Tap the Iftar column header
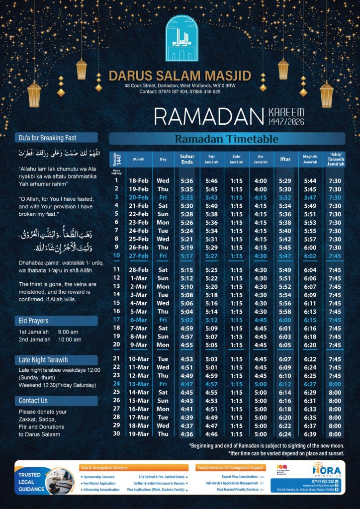(x=285, y=159)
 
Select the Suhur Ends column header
(x=187, y=159)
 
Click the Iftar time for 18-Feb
(x=285, y=181)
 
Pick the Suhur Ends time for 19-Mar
(x=187, y=434)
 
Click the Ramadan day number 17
(x=116, y=320)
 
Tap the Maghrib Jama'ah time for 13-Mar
(x=310, y=384)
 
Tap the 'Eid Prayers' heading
(x=33, y=321)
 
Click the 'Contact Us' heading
(x=33, y=400)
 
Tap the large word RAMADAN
(x=207, y=116)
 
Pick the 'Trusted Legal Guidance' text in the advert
(x=29, y=482)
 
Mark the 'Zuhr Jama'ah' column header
(x=236, y=159)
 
